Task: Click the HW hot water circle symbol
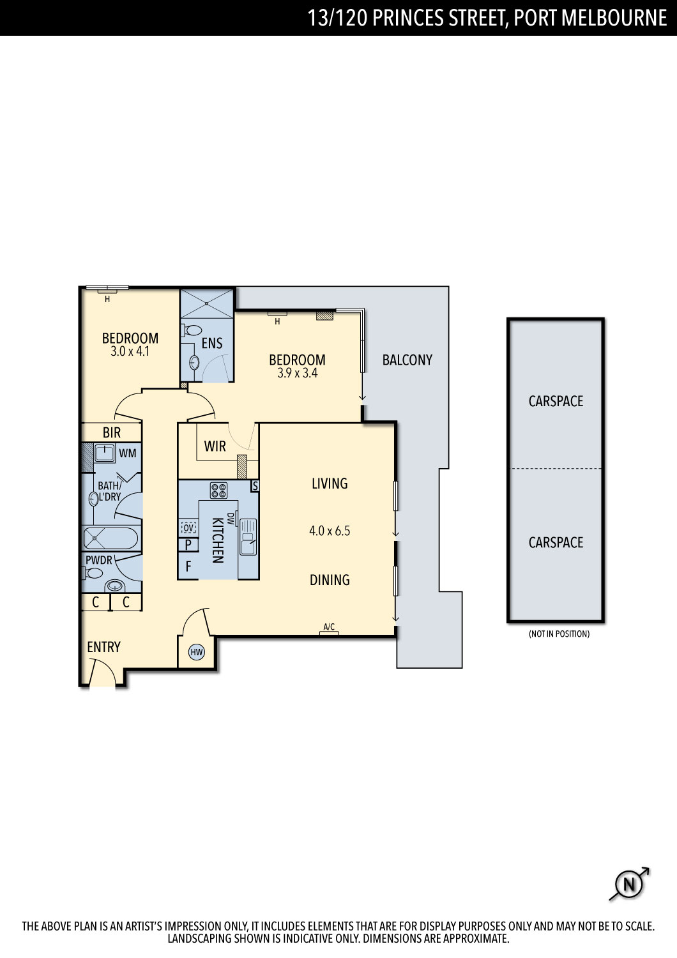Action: [196, 652]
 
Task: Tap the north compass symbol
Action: [629, 883]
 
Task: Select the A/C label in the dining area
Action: [329, 627]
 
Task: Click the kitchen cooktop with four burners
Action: [218, 490]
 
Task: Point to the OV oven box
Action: [188, 528]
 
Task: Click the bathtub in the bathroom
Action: [110, 538]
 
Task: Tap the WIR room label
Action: [215, 446]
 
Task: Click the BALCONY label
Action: [407, 360]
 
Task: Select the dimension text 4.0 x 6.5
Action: [330, 531]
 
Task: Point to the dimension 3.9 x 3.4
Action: [297, 373]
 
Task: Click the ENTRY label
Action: [103, 647]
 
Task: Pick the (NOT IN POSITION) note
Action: [559, 634]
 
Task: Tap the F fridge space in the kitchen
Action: [188, 566]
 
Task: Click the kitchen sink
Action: [248, 536]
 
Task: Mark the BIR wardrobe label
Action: [112, 433]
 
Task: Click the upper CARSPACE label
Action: [556, 401]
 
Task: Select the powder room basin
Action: [114, 586]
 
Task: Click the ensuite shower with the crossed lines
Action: [206, 303]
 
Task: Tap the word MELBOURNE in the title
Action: [614, 18]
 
